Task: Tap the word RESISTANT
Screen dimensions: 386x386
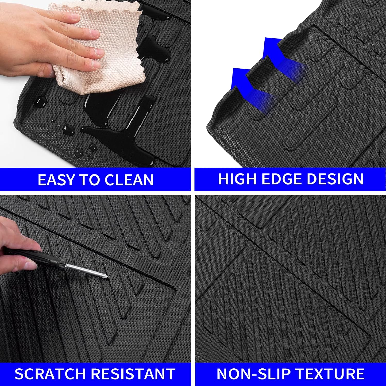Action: pos(133,374)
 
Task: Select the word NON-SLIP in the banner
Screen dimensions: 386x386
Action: pos(253,374)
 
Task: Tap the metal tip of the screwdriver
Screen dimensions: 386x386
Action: pos(104,275)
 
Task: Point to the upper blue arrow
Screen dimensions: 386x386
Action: pos(278,59)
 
